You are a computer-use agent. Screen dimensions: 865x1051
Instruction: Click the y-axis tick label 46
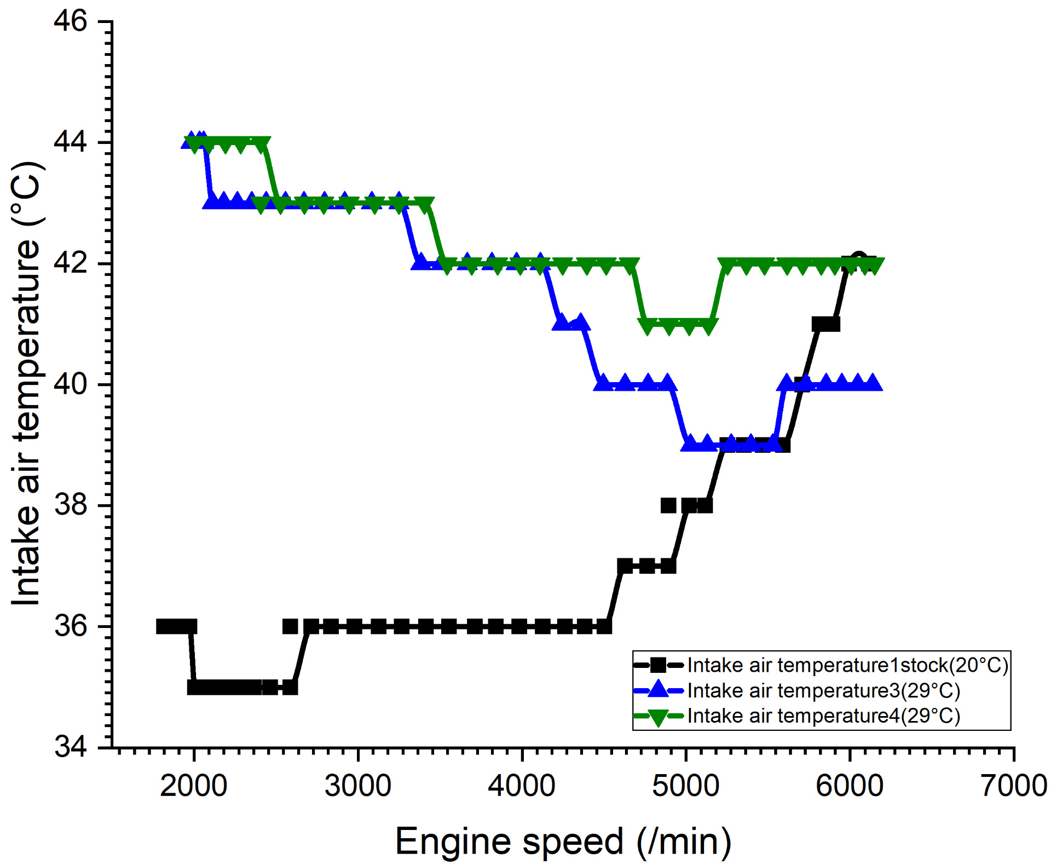click(71, 22)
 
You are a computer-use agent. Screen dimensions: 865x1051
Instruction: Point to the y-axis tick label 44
click(71, 142)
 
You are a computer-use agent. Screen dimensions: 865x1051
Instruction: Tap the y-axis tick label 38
click(71, 505)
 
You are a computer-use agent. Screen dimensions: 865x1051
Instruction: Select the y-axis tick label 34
click(71, 747)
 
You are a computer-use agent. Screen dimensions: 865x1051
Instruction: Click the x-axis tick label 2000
click(193, 786)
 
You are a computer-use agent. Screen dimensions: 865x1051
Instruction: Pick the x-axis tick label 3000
click(357, 786)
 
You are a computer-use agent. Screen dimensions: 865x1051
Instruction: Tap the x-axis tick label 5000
click(685, 786)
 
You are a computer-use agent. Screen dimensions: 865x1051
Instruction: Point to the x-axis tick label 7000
click(1014, 786)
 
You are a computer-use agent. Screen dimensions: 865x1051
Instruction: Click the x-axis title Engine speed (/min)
click(563, 841)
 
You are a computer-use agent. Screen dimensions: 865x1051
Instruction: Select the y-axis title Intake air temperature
click(26, 383)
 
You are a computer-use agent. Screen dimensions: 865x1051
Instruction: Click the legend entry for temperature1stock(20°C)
click(847, 665)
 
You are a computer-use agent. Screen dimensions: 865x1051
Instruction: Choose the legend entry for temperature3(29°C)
click(823, 691)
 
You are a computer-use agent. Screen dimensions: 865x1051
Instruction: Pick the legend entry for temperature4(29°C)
click(823, 716)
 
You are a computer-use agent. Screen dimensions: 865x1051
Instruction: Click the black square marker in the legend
click(658, 665)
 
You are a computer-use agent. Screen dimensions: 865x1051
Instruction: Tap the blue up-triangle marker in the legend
click(658, 690)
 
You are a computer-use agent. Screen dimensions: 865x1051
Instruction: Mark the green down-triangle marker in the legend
click(658, 717)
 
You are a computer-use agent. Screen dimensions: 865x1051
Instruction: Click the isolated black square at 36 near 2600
click(290, 626)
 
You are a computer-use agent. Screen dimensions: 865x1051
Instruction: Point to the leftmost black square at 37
click(625, 566)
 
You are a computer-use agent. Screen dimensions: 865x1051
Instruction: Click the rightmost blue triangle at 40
click(874, 383)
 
